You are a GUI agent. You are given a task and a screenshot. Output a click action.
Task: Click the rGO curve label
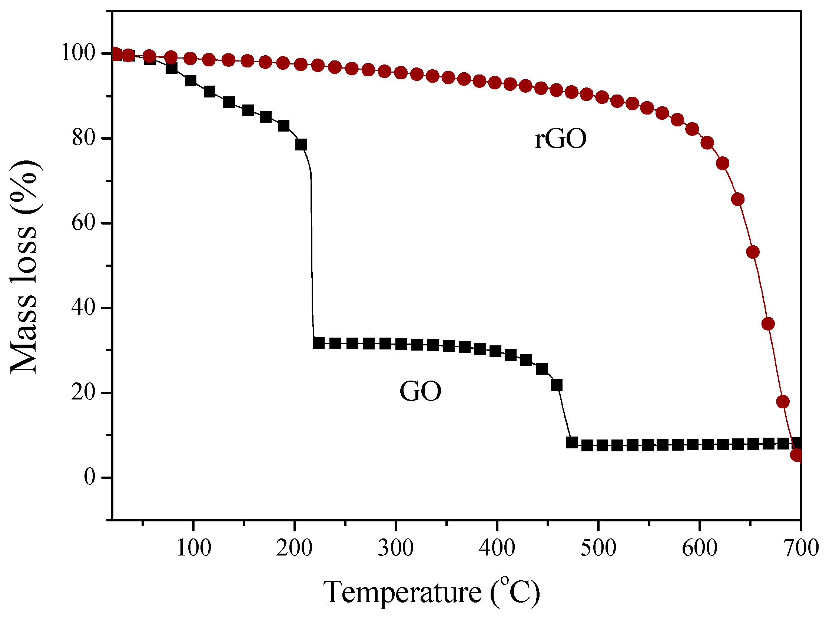(x=561, y=139)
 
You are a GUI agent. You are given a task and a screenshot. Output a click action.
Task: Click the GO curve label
(x=421, y=391)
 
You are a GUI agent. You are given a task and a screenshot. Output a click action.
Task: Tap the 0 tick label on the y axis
(x=90, y=477)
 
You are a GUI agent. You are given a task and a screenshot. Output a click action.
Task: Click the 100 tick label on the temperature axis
(x=193, y=548)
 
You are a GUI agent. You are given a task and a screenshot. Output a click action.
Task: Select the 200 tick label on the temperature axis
(x=294, y=548)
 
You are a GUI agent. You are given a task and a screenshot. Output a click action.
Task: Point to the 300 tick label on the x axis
(x=395, y=548)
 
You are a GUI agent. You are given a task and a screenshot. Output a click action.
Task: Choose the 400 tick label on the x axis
(x=497, y=548)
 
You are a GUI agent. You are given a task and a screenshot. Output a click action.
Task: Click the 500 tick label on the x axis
(x=598, y=548)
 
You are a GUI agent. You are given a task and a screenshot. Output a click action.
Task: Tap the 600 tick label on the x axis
(x=699, y=548)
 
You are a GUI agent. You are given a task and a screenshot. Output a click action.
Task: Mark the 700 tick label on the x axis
(x=801, y=548)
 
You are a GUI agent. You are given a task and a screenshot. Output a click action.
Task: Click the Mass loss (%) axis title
(x=24, y=267)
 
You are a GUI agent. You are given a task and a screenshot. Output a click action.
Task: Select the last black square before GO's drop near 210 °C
(x=301, y=145)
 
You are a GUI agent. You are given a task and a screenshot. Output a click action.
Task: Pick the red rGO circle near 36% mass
(x=768, y=324)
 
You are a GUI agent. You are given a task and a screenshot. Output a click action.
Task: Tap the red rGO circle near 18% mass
(x=783, y=401)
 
